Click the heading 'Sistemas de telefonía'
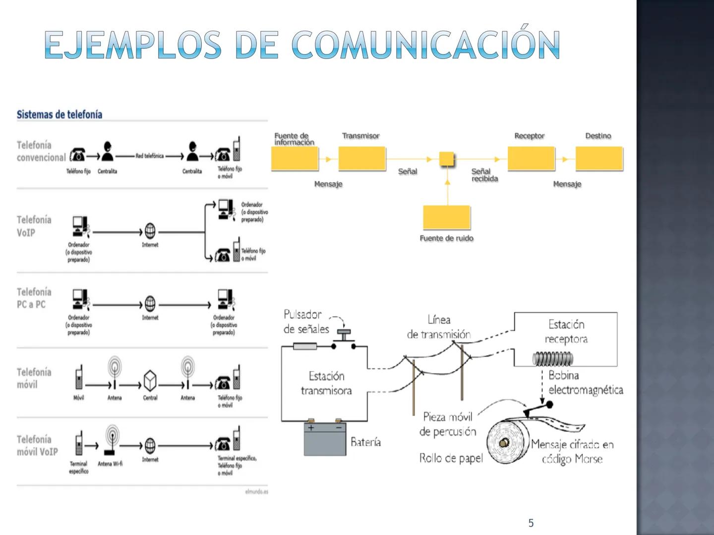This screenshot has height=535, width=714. pos(59,115)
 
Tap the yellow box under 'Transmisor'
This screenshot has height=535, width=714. pos(362,159)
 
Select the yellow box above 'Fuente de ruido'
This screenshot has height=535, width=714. pos(446,217)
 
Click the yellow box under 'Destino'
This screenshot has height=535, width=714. pos(599,159)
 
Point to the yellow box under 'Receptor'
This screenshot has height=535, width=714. pos(531,159)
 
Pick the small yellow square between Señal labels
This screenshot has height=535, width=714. pos(447,159)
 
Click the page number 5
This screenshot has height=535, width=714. pos(531,523)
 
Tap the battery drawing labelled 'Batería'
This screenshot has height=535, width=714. pos(325,439)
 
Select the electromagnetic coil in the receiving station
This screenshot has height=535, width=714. pos(552,358)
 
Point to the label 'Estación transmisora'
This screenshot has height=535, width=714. pos(326,383)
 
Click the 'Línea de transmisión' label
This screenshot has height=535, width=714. pos(439,327)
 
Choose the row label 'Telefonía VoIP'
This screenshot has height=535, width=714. pos(34,226)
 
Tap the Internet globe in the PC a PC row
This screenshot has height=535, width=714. pos(150,304)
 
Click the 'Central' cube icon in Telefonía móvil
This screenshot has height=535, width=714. pos(150,380)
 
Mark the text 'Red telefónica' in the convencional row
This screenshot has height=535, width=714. pos(150,156)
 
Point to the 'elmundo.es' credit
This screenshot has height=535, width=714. pos(256,492)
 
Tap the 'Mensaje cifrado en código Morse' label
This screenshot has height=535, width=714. pos(572,452)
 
